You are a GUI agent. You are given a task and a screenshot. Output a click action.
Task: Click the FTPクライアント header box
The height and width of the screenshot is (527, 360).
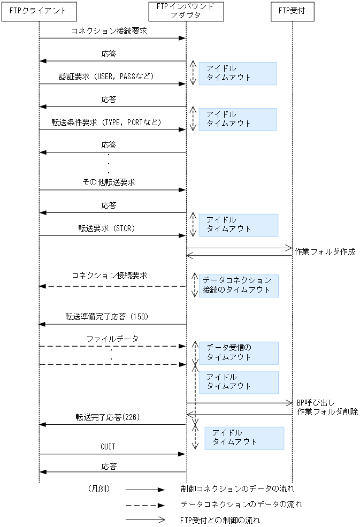tap(39, 11)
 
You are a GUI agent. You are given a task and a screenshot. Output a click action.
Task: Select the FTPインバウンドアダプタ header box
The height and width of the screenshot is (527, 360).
tap(186, 11)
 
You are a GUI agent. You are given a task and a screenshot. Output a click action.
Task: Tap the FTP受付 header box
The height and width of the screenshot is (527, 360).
tap(292, 11)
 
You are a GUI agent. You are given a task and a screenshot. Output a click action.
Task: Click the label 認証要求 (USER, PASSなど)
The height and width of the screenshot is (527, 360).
tap(107, 77)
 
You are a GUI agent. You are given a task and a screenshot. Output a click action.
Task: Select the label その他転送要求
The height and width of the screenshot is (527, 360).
tap(109, 182)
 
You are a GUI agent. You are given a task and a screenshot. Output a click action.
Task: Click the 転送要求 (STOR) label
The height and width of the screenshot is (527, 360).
tap(106, 228)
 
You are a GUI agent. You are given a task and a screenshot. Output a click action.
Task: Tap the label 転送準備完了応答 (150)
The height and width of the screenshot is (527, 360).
tap(107, 317)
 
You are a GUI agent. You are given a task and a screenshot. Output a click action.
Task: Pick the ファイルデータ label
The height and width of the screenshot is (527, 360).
tap(112, 339)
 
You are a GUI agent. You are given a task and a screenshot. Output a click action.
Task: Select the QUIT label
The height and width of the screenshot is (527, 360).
tap(108, 447)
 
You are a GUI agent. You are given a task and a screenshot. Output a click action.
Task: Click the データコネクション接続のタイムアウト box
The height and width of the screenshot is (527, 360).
tap(239, 286)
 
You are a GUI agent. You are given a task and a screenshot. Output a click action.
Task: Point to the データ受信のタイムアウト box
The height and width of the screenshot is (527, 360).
tap(239, 353)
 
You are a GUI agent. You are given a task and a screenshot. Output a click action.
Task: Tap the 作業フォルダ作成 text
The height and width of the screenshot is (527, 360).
tap(325, 252)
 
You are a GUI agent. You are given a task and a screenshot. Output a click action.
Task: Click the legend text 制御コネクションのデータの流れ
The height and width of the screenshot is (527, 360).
tap(238, 489)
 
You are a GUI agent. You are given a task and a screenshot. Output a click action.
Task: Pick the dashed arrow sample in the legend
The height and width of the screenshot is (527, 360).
tap(144, 505)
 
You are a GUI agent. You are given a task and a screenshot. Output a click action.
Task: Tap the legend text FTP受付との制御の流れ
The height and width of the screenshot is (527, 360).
tap(220, 520)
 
